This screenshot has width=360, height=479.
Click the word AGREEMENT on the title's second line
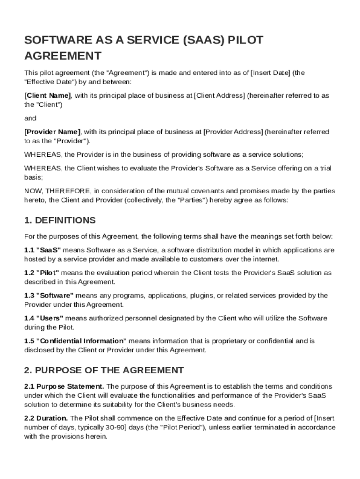click(63, 56)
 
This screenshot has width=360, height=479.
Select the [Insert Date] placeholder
click(271, 73)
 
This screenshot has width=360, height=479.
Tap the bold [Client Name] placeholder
click(47, 95)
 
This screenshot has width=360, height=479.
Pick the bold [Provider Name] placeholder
click(52, 132)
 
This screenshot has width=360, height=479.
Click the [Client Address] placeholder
click(219, 95)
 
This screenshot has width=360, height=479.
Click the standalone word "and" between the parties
click(30, 118)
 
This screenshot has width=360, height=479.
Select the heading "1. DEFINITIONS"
click(60, 220)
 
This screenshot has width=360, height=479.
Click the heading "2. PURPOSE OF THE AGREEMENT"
click(104, 370)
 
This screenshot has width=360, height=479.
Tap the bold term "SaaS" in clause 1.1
click(49, 250)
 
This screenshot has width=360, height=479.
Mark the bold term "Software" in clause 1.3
click(55, 296)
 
